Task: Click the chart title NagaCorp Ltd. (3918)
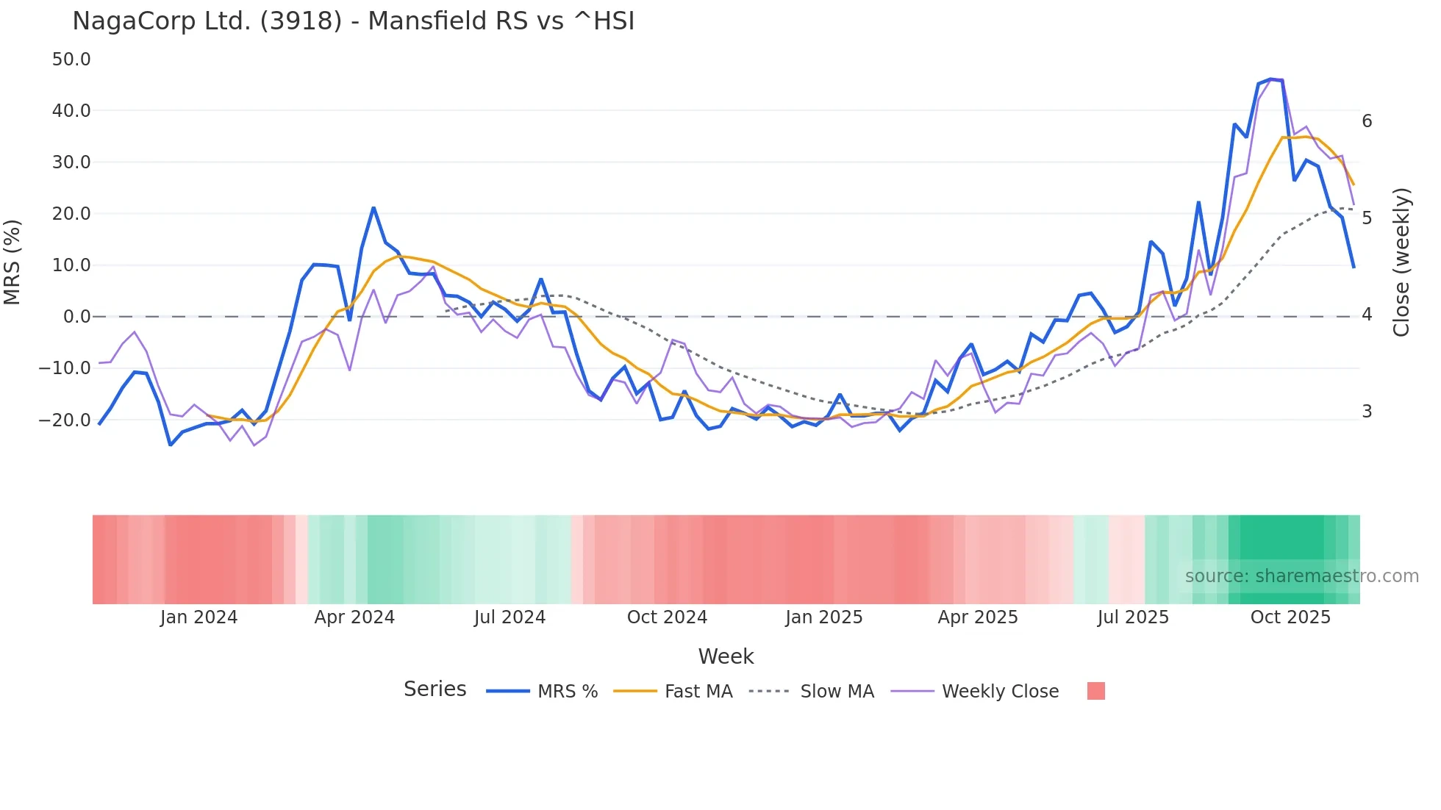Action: [x=353, y=21]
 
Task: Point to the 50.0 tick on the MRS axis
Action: [x=71, y=60]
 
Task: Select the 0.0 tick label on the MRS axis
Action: [x=76, y=317]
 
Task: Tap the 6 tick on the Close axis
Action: [x=1367, y=121]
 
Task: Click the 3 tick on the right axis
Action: [x=1367, y=412]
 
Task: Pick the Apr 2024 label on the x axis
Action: [x=354, y=617]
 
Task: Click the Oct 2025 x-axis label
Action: [x=1290, y=617]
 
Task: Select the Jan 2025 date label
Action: [x=823, y=617]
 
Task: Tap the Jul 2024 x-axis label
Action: [x=509, y=617]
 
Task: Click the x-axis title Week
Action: [x=726, y=656]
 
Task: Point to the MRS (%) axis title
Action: [x=12, y=262]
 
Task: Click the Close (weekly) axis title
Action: [x=1402, y=262]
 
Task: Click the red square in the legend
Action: [x=1095, y=691]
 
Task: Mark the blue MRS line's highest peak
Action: [x=1271, y=79]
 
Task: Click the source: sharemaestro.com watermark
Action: [x=1301, y=576]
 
